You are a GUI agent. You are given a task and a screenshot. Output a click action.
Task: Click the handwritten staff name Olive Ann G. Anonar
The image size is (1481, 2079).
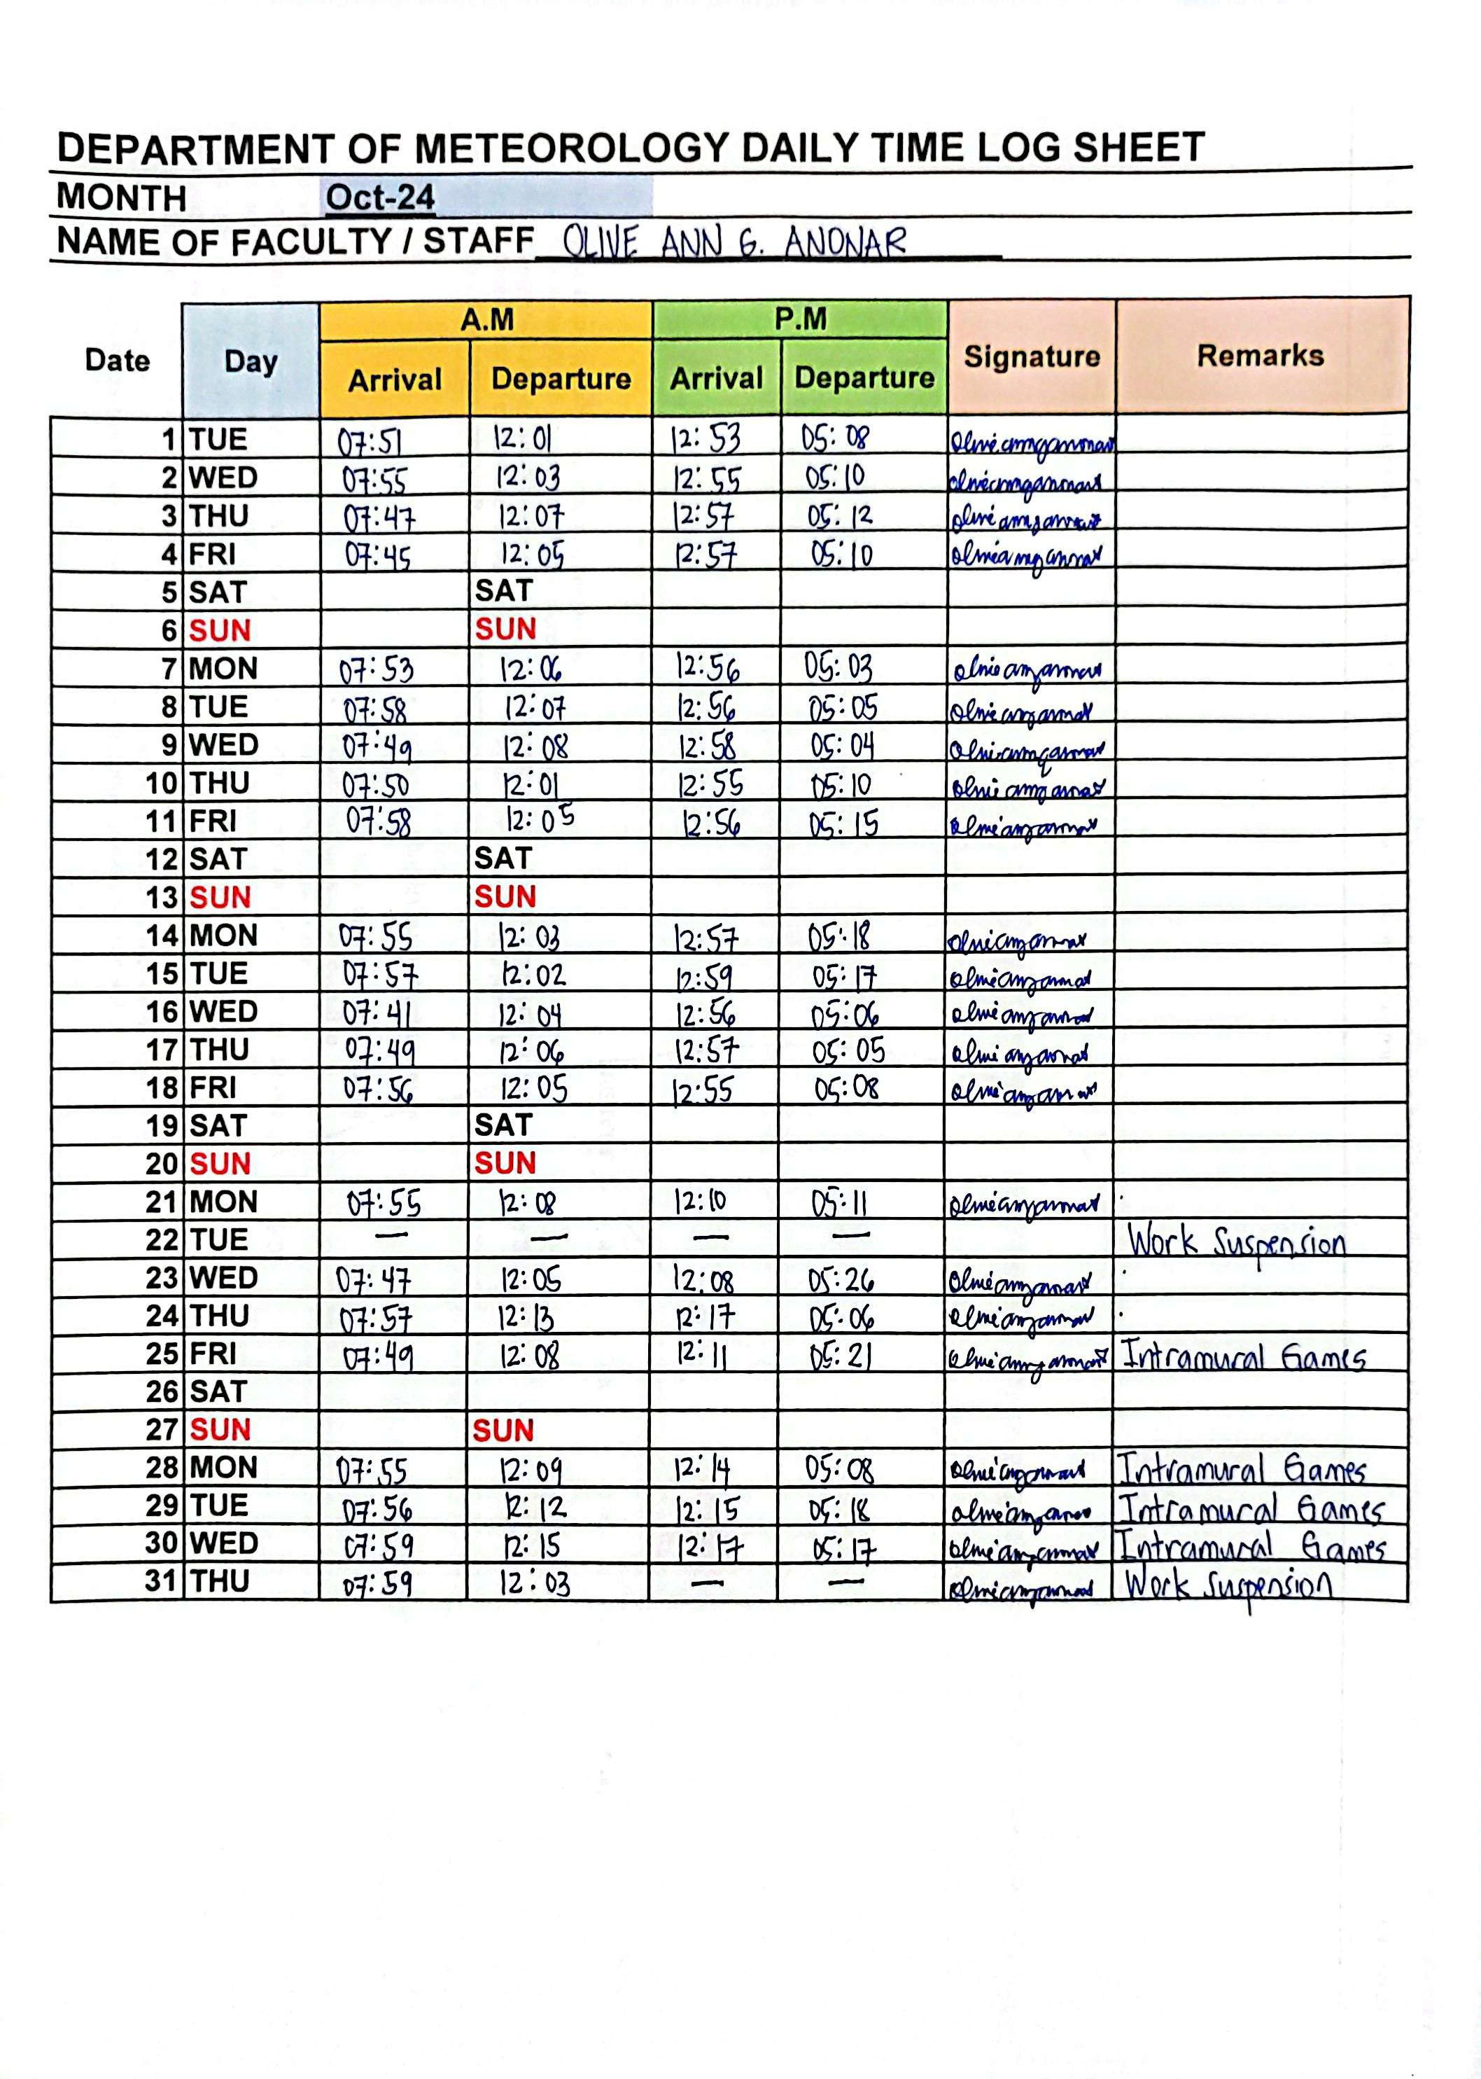pyautogui.click(x=734, y=243)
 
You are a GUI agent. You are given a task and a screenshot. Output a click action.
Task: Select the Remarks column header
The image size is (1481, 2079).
pyautogui.click(x=1261, y=356)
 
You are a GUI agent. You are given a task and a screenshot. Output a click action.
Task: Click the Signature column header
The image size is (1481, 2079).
pyautogui.click(x=1032, y=356)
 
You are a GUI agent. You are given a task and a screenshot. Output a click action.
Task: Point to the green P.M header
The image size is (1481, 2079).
pyautogui.click(x=800, y=319)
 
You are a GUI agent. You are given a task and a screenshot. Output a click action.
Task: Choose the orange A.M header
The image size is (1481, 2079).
pyautogui.click(x=486, y=320)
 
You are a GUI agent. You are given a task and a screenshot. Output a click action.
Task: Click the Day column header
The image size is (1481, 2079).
pyautogui.click(x=251, y=361)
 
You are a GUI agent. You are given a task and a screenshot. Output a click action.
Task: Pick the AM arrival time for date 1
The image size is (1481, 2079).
pyautogui.click(x=370, y=443)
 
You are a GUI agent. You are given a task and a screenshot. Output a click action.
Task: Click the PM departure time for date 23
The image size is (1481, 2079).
pyautogui.click(x=841, y=1281)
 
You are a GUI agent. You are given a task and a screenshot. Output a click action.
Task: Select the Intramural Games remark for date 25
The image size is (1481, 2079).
pyautogui.click(x=1243, y=1356)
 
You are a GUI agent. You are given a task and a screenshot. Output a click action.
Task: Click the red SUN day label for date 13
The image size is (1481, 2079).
pyautogui.click(x=220, y=898)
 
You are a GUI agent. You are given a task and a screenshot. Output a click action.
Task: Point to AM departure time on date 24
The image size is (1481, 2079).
pyautogui.click(x=527, y=1318)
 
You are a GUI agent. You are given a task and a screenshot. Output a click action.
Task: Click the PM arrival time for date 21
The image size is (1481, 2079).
pyautogui.click(x=701, y=1203)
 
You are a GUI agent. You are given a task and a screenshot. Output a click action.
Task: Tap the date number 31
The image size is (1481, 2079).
pyautogui.click(x=160, y=1581)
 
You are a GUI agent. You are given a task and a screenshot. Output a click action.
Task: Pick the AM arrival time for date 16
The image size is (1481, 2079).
pyautogui.click(x=377, y=1013)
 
